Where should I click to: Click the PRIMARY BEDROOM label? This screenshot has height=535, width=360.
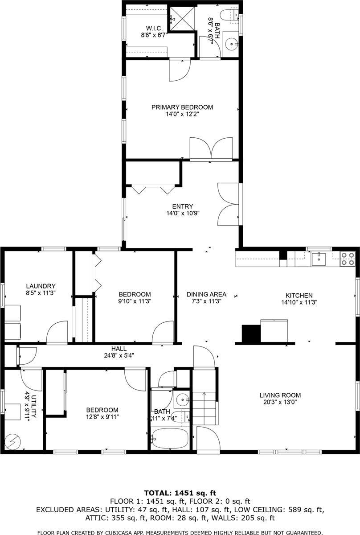point(182,107)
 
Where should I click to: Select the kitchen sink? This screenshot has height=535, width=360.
point(319,258)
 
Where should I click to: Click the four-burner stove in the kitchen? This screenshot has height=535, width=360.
point(348,259)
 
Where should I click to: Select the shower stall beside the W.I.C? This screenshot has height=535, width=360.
point(182,17)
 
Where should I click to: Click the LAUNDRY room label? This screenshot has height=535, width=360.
point(41,286)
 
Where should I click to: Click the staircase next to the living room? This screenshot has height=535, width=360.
point(204,408)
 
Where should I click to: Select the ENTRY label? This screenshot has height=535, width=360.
point(183,206)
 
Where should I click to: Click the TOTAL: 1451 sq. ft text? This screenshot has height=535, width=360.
point(180,493)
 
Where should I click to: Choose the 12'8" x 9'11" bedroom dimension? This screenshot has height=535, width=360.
point(102,417)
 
